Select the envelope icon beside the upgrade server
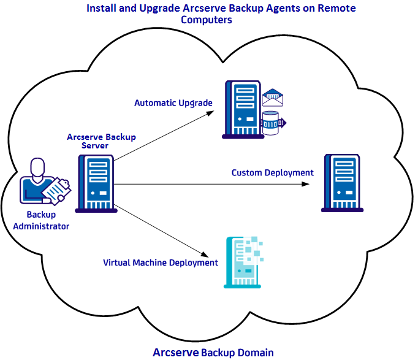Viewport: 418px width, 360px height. click(x=273, y=98)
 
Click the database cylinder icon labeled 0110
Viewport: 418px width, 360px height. click(x=270, y=123)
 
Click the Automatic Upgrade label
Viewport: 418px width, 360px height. click(x=173, y=103)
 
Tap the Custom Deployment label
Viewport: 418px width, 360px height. click(x=272, y=173)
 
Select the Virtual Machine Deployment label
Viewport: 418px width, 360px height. click(x=161, y=262)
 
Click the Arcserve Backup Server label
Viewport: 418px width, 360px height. click(x=101, y=141)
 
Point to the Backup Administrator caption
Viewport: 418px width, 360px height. click(x=41, y=221)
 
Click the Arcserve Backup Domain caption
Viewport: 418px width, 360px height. click(x=213, y=352)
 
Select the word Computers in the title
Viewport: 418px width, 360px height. click(x=207, y=20)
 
